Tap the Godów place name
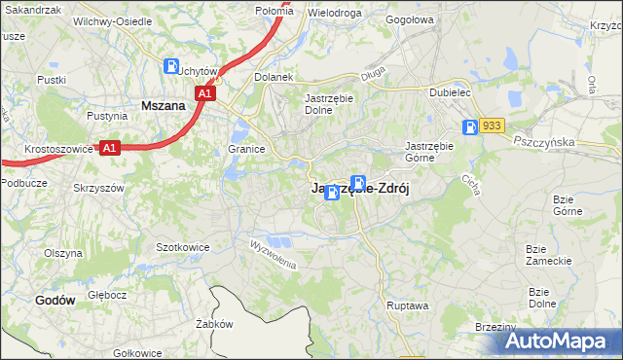[x=55, y=301]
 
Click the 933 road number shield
[x=493, y=126]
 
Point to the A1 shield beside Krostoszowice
[x=110, y=148]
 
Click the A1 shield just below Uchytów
[x=203, y=93]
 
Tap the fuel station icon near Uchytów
[x=172, y=67]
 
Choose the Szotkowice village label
[x=183, y=247]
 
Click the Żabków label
[x=211, y=324]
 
